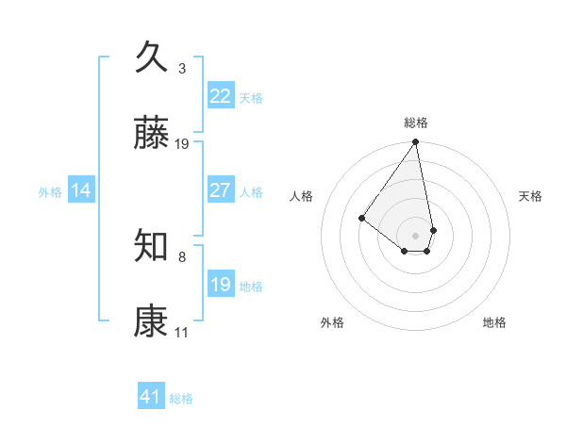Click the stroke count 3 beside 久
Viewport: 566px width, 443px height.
coord(182,69)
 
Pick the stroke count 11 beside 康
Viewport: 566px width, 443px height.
coord(182,333)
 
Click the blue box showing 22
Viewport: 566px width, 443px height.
coord(221,96)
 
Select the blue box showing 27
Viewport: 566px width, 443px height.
coord(221,190)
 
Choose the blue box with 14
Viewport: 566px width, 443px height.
coord(81,190)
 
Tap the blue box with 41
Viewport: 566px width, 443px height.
coord(151,397)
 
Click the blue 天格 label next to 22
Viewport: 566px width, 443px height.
coord(251,98)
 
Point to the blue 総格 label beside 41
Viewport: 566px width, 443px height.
coord(181,399)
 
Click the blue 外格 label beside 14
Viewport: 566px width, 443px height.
coord(50,192)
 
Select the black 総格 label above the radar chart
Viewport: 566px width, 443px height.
coord(416,123)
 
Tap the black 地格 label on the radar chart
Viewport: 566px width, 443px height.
coord(494,322)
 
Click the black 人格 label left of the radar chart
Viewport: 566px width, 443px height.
coord(302,196)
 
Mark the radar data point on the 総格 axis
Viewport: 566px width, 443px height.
coord(415,142)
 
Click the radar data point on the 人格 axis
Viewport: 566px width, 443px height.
coord(361,218)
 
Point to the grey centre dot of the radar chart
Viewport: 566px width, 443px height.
coord(415,234)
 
